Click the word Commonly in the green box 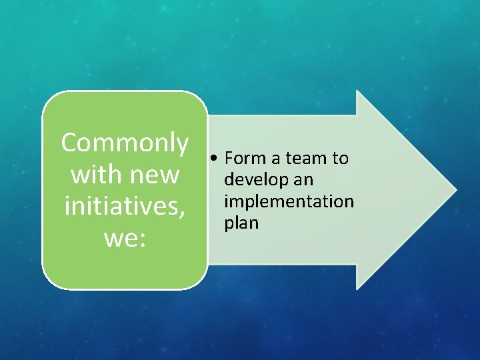[125, 143]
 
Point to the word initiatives [121, 206]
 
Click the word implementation [289, 201]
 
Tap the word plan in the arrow [241, 223]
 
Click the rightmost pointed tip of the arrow [455, 190]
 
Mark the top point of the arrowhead [358, 92]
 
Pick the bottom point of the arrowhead [358, 288]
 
